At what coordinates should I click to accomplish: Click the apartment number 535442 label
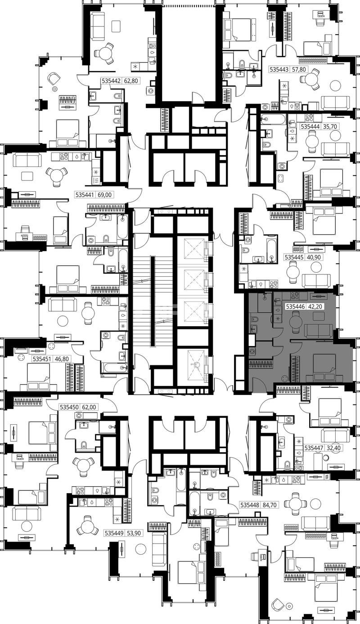(x=111, y=81)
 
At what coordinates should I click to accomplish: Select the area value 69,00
(x=104, y=195)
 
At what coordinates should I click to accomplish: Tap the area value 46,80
(x=62, y=359)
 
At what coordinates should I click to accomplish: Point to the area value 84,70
(x=269, y=505)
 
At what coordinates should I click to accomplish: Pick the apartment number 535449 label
(x=114, y=533)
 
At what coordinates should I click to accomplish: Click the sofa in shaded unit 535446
(x=319, y=331)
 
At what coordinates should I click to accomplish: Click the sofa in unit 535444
(x=336, y=149)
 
